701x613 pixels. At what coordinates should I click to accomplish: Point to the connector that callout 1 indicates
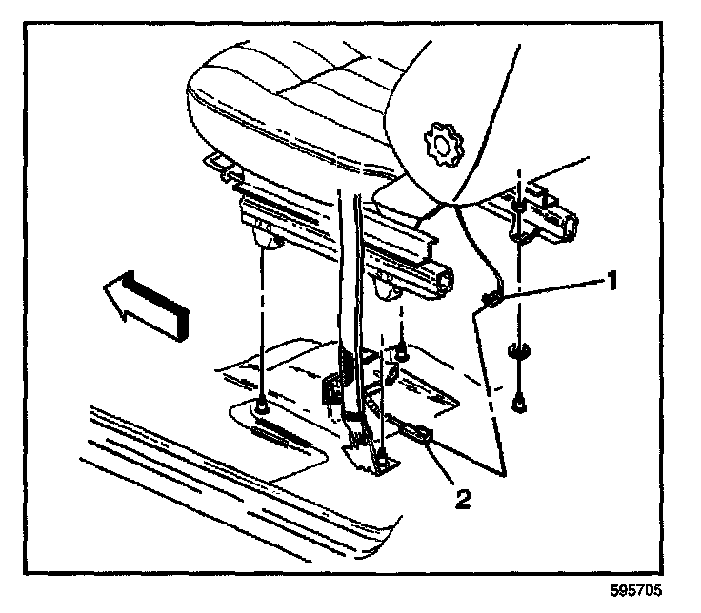coord(491,302)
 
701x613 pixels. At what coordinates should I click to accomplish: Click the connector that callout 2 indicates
coord(417,434)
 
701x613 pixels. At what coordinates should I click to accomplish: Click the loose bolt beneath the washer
coord(520,403)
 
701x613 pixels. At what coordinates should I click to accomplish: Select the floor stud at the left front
coord(260,407)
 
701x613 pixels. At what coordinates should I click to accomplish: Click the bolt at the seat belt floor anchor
coord(381,465)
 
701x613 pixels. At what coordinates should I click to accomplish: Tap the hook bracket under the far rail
coord(519,225)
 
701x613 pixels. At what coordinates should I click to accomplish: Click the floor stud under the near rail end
coord(403,355)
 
